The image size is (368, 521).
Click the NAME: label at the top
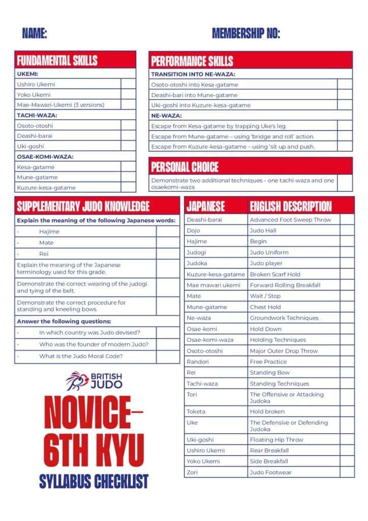click(x=35, y=34)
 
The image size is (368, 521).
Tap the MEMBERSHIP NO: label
click(x=246, y=34)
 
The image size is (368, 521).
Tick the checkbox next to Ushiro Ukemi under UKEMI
click(x=128, y=84)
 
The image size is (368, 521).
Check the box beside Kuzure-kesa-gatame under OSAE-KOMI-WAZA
click(x=128, y=188)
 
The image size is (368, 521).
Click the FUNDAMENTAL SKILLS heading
click(x=57, y=61)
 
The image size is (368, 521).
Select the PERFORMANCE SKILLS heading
click(x=192, y=61)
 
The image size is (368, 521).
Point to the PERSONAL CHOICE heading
click(x=185, y=166)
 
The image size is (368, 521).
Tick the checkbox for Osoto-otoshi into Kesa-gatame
click(x=345, y=84)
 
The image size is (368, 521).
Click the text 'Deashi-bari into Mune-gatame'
click(x=194, y=95)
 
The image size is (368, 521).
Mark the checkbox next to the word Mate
click(x=168, y=243)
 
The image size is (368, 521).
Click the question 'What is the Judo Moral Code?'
click(x=81, y=356)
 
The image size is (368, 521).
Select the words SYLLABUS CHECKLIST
click(x=94, y=480)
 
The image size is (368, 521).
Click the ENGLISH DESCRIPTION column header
click(x=290, y=206)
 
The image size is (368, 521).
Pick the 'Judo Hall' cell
click(x=263, y=230)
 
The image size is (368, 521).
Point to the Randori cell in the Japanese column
click(x=194, y=362)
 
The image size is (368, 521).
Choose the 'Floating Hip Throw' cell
click(x=277, y=440)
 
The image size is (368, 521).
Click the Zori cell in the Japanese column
click(x=192, y=472)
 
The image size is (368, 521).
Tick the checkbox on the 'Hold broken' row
click(x=347, y=411)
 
